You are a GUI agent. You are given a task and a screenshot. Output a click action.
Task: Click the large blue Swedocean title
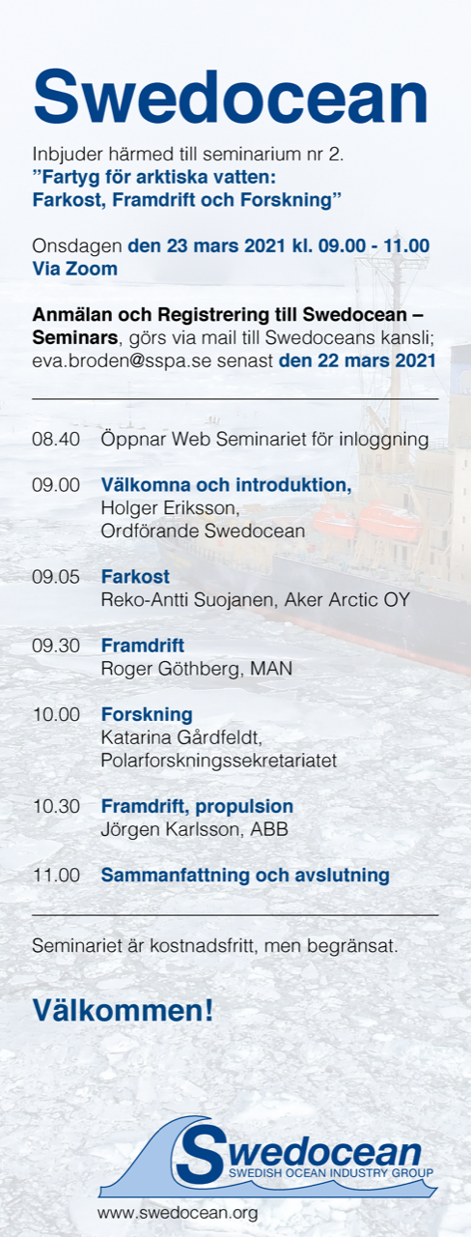pos(231,99)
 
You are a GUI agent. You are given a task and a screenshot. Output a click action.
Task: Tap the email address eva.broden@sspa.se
pos(122,360)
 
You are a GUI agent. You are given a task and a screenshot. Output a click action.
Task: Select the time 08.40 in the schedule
pos(56,440)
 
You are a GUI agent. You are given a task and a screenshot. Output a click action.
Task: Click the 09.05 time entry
pos(56,577)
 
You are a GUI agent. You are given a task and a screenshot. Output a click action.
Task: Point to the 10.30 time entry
pos(56,806)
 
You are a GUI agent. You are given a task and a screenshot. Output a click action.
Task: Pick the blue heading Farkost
pos(135,577)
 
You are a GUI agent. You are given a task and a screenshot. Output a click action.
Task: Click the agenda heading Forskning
pos(147,714)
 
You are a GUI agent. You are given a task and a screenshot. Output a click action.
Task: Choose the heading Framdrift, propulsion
pos(197,806)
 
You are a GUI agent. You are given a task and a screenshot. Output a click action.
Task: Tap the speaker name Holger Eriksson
pos(170,508)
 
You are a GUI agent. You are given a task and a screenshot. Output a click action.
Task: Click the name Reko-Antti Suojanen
pos(187,600)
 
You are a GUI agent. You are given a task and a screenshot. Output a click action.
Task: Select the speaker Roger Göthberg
pos(171,669)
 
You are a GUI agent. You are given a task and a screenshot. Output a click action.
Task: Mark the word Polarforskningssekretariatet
pos(218,761)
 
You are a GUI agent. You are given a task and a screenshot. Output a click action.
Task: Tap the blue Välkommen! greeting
pos(123,1010)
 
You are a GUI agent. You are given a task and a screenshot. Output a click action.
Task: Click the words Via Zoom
pos(75,269)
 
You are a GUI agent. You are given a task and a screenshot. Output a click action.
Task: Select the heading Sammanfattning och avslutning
pos(245,876)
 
